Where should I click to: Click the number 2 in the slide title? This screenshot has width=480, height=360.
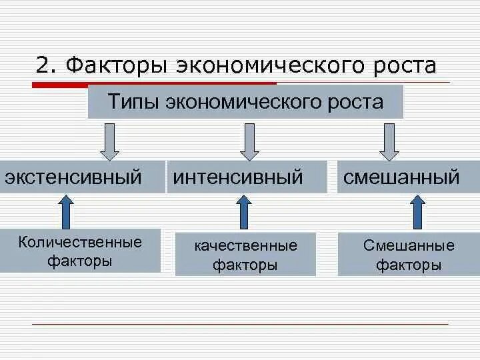coord(43,66)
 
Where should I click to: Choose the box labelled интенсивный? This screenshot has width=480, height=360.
coord(247,177)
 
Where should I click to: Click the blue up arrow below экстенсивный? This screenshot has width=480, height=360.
coord(67,211)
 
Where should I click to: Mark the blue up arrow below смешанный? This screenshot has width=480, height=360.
coord(417,211)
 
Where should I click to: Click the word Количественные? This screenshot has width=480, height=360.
coord(80,241)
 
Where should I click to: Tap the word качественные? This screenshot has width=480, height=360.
coord(245,245)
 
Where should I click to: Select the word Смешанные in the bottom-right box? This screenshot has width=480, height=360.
coord(409,245)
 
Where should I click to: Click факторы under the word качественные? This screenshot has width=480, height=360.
coord(245,265)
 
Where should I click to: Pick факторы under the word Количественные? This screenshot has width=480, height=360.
coord(80,261)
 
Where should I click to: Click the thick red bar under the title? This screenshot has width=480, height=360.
coord(153,84)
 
